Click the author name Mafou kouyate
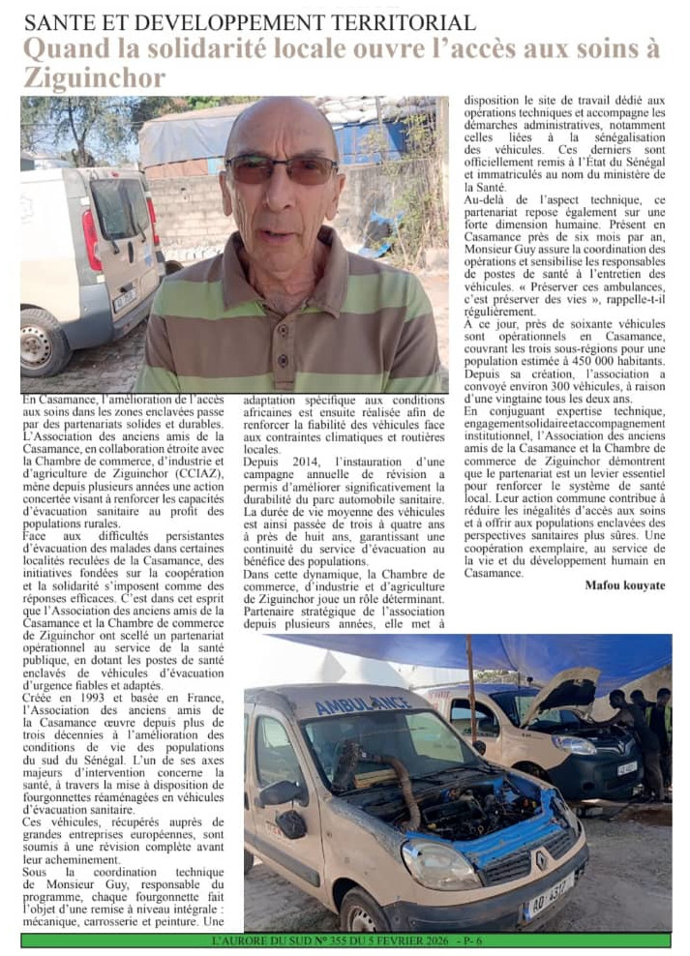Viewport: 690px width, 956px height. pos(625,585)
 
